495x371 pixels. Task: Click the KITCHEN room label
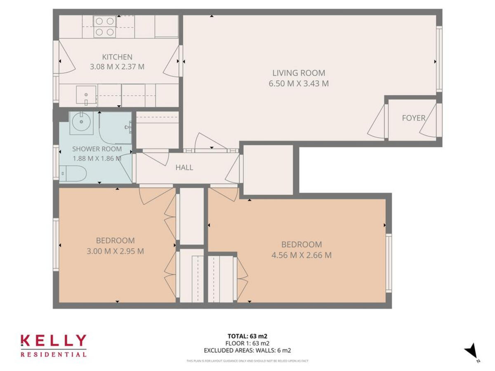(117, 57)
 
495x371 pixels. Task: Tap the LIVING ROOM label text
(299, 73)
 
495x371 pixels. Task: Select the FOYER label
(413, 118)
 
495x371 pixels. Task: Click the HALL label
(184, 167)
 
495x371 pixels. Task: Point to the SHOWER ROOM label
(97, 149)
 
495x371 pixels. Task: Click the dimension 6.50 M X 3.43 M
(299, 84)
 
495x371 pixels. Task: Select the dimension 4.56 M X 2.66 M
(301, 255)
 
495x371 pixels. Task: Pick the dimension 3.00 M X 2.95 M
(115, 251)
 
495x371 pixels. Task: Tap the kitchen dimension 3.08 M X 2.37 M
(117, 66)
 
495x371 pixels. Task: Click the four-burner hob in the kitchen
(104, 26)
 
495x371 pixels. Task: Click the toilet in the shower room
(73, 174)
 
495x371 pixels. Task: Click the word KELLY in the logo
(53, 341)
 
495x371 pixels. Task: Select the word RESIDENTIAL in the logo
(53, 354)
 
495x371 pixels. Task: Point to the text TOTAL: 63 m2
(247, 336)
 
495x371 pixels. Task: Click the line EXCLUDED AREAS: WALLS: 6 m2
(247, 351)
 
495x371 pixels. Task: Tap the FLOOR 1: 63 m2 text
(247, 343)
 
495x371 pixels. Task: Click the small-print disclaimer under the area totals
(247, 361)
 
